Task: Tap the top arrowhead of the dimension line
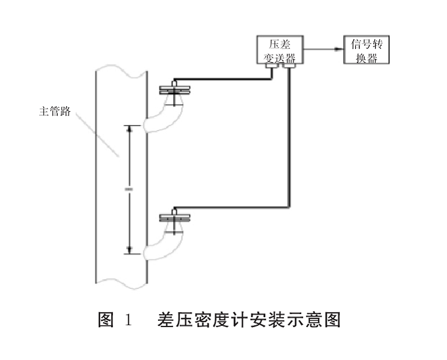click(x=130, y=128)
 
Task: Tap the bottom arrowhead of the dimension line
click(x=130, y=250)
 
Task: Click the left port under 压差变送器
click(x=271, y=69)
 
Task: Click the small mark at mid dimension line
click(x=130, y=189)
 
